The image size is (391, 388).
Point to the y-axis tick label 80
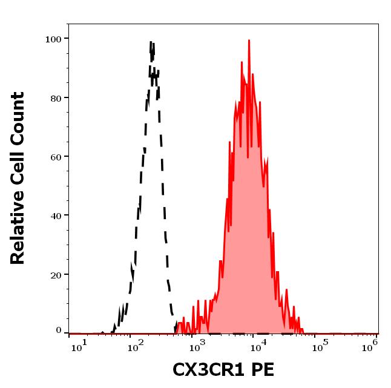click(x=56, y=98)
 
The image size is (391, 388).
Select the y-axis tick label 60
click(x=56, y=157)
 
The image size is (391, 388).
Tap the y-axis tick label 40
click(x=56, y=215)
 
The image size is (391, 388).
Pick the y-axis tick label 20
click(x=56, y=274)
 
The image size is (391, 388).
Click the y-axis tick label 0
click(x=59, y=330)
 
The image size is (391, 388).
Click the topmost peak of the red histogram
click(x=249, y=41)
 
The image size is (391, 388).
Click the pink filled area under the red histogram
click(x=245, y=242)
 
